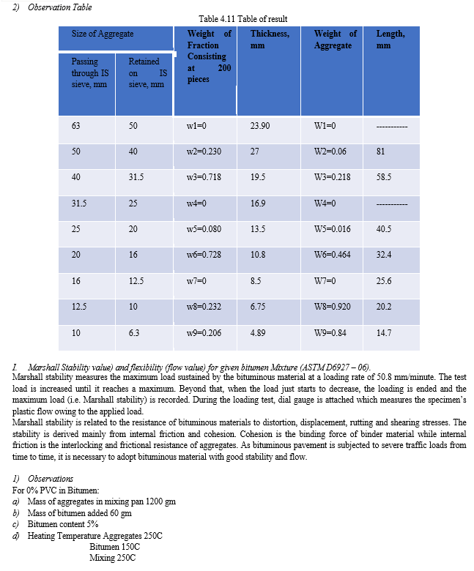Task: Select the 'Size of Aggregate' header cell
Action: click(103, 34)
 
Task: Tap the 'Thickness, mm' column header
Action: click(270, 40)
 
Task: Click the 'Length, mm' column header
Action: click(390, 40)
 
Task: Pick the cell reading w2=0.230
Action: click(204, 152)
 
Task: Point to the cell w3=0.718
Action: click(204, 177)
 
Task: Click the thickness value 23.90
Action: click(260, 126)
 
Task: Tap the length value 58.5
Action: click(384, 177)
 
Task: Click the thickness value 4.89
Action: click(258, 332)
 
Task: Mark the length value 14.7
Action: click(384, 332)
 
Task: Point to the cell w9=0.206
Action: click(204, 332)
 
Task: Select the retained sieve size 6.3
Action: click(133, 332)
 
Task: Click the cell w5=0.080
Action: click(204, 229)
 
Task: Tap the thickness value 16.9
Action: click(258, 203)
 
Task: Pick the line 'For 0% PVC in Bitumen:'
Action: click(59, 491)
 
